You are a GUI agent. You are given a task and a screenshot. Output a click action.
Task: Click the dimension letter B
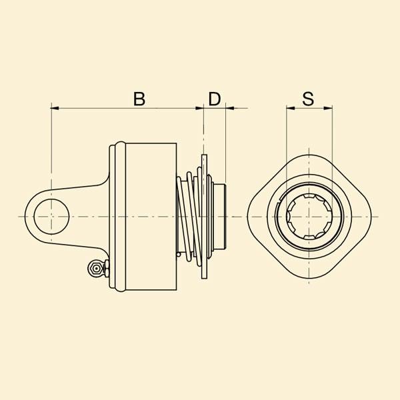tap(139, 99)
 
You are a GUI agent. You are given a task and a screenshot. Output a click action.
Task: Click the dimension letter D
tap(215, 99)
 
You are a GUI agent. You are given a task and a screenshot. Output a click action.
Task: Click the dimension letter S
tap(308, 99)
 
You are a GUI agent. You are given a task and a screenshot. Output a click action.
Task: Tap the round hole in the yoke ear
tap(51, 217)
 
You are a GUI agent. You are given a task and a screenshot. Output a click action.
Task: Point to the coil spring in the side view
tap(189, 217)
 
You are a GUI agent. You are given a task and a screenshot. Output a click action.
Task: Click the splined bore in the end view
tap(309, 217)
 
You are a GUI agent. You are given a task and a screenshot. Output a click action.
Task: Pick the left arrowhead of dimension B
tap(55, 109)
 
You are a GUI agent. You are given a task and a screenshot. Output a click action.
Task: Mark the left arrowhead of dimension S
tap(290, 109)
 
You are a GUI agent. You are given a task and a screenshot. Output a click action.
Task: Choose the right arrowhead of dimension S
tap(328, 109)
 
